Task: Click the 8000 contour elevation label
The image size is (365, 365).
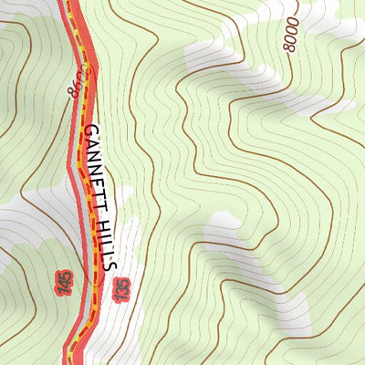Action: [291, 36]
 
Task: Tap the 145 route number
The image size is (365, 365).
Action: [64, 283]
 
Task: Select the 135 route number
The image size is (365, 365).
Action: [119, 290]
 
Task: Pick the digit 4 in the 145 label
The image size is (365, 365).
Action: [64, 283]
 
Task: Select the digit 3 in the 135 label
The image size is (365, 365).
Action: [119, 290]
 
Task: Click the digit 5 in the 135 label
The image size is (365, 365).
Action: [119, 283]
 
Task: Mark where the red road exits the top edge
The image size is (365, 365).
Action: [67, 2]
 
